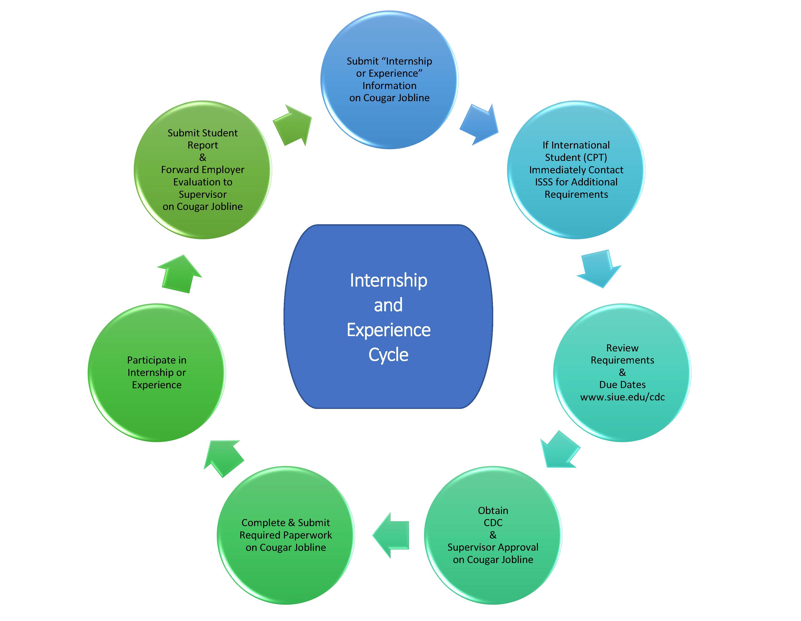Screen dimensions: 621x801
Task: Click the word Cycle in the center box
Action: (x=388, y=355)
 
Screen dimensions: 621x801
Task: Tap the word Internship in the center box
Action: (x=388, y=281)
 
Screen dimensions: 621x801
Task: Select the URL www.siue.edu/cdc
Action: (x=622, y=397)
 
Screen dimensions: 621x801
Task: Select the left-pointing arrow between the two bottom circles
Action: (x=391, y=535)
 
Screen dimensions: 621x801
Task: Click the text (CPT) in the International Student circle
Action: (x=596, y=158)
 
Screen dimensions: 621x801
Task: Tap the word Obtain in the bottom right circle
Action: (x=493, y=510)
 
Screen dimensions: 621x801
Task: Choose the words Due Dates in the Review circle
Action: (x=622, y=385)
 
